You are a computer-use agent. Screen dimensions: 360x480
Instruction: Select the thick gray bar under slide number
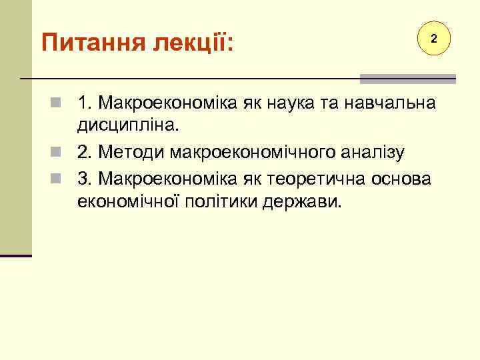pos(407,79)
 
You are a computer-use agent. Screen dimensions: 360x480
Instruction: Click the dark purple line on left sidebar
pos(16,255)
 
